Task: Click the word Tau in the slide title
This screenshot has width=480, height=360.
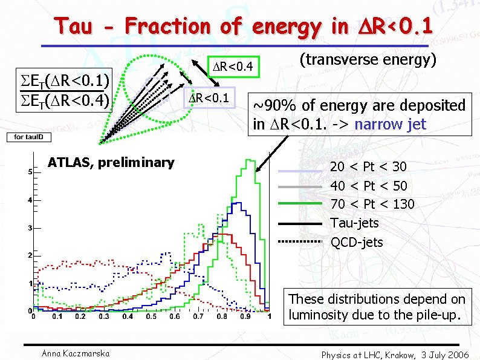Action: coord(75,26)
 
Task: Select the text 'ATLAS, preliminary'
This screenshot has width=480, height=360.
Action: coord(111,162)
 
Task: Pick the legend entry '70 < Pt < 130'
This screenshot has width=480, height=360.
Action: coord(372,205)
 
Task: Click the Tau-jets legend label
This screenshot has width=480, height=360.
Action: coord(354,223)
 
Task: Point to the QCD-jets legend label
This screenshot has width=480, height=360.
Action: coord(357,242)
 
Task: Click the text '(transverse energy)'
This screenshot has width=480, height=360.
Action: coord(368,59)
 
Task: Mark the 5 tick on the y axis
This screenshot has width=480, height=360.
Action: coord(30,172)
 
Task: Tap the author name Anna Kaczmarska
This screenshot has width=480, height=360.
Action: coord(68,354)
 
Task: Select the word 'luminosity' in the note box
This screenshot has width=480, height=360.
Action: coord(319,315)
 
